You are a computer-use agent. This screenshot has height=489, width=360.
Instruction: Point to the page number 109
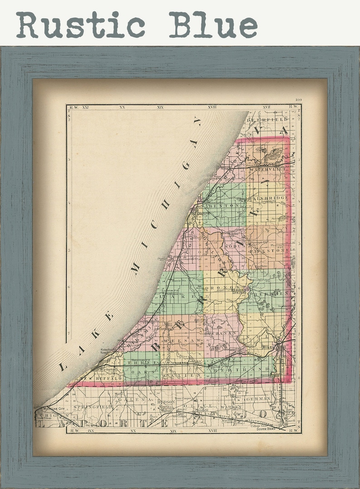(297, 100)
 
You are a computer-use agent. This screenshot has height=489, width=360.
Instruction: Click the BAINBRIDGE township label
(268, 198)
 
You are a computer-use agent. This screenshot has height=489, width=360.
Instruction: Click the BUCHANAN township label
(221, 333)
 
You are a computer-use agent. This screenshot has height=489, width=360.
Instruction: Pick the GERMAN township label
(259, 398)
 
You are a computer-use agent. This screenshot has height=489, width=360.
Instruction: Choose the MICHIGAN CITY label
(50, 409)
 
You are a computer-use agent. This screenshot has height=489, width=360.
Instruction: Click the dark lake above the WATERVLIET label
(272, 156)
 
